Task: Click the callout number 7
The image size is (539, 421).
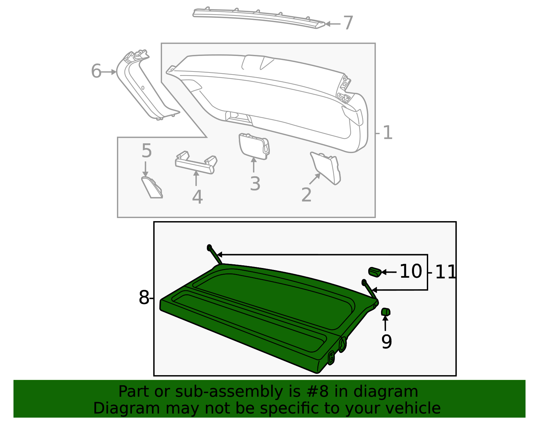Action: point(348,23)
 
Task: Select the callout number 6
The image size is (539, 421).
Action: point(96,71)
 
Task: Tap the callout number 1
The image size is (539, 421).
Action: point(388,133)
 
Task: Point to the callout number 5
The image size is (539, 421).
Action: point(147,151)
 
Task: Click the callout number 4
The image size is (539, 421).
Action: point(197,197)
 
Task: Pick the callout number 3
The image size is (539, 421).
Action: point(255,184)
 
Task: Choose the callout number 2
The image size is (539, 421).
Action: point(306,195)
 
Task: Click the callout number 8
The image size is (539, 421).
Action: point(144,298)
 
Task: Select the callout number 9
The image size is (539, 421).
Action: point(386,342)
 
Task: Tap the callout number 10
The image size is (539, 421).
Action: point(411,271)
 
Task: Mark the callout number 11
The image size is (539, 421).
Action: point(446,272)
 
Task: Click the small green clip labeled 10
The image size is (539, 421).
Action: point(374,271)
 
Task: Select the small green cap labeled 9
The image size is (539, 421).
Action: point(385,312)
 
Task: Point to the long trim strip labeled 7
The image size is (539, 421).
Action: point(259,17)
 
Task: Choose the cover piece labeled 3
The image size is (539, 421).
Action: point(254,146)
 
